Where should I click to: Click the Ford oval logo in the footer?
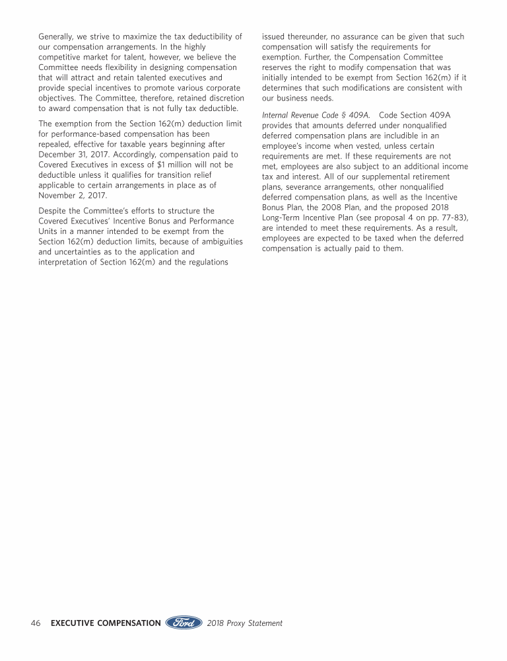(x=184, y=623)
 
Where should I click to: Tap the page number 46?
(x=36, y=623)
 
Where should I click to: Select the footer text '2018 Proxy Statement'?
(x=244, y=623)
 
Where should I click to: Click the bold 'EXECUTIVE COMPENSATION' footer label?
(x=106, y=623)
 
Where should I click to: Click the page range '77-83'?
(x=450, y=207)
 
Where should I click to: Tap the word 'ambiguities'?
(x=217, y=242)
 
